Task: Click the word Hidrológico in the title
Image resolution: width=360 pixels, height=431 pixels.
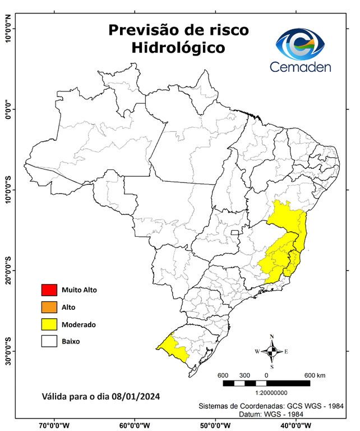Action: point(178,48)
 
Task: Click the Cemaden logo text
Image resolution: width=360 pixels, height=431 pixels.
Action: point(301,67)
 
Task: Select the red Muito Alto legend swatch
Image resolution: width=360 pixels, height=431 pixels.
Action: point(49,290)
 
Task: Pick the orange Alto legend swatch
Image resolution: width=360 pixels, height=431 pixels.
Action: point(49,307)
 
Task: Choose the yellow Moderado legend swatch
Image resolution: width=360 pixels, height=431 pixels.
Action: point(49,324)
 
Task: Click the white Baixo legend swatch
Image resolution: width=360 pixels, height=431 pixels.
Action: point(49,341)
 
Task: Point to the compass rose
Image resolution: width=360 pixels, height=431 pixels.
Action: point(272,352)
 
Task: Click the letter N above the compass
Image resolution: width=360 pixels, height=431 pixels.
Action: point(272,337)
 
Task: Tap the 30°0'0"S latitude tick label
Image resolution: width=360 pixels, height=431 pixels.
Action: point(8,351)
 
